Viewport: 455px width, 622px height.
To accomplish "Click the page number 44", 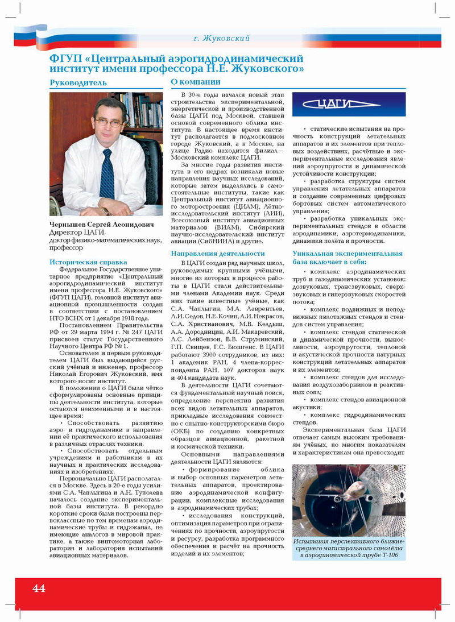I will (39, 588).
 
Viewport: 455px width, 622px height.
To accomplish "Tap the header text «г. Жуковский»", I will (222, 39).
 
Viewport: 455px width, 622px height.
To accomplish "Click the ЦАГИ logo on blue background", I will (349, 104).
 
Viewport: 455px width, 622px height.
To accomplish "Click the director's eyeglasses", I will (108, 122).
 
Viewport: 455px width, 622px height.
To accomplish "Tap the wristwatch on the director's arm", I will (105, 210).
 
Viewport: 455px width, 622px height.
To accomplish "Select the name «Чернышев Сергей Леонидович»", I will (102, 225).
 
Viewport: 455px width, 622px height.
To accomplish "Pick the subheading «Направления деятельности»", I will (218, 253).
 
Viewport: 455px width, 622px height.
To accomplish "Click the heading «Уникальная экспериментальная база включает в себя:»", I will (347, 258).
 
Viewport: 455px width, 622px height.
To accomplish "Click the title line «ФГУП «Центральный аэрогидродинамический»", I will (176, 59).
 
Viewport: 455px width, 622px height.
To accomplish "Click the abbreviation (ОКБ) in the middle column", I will (182, 430).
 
